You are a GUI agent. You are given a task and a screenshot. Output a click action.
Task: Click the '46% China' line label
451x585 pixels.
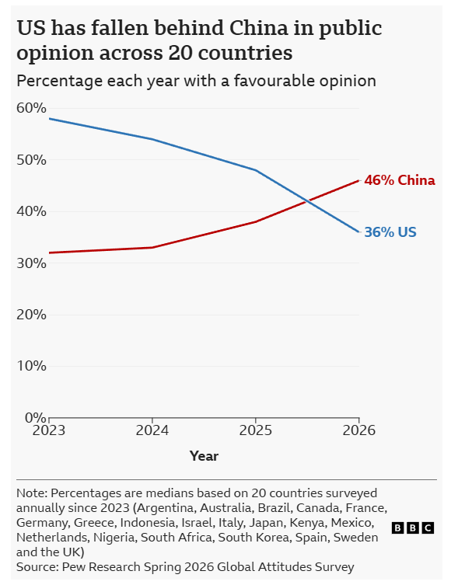[x=400, y=180]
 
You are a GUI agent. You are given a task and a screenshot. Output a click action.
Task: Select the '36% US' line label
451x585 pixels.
[x=390, y=232]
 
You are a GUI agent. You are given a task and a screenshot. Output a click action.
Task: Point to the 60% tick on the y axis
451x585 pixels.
[x=31, y=108]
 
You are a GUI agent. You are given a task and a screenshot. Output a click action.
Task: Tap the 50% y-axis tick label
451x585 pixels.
[x=31, y=160]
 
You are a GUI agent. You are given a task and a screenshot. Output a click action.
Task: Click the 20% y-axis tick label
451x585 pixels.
[x=31, y=315]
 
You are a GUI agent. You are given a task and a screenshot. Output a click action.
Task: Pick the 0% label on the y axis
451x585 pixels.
[x=36, y=417]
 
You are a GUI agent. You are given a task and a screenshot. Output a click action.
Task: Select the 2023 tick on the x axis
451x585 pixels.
[x=49, y=430]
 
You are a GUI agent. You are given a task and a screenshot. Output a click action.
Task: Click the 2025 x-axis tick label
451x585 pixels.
[x=256, y=430]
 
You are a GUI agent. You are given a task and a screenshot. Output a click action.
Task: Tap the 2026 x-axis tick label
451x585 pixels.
[x=358, y=430]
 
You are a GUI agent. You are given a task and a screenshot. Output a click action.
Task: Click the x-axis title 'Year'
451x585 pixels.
[x=204, y=456]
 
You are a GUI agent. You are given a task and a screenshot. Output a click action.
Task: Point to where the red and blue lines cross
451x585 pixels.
[x=307, y=201]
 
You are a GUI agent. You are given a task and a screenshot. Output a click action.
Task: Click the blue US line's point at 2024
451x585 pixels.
[x=152, y=139]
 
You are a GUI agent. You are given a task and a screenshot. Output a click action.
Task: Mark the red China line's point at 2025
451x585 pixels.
[x=256, y=222]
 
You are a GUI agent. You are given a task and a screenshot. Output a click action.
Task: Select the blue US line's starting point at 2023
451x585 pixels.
[x=49, y=119]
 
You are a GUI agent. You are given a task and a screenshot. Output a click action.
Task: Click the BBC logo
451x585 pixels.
[x=413, y=528]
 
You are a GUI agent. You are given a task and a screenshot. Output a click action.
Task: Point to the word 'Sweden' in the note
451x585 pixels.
[x=355, y=538]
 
